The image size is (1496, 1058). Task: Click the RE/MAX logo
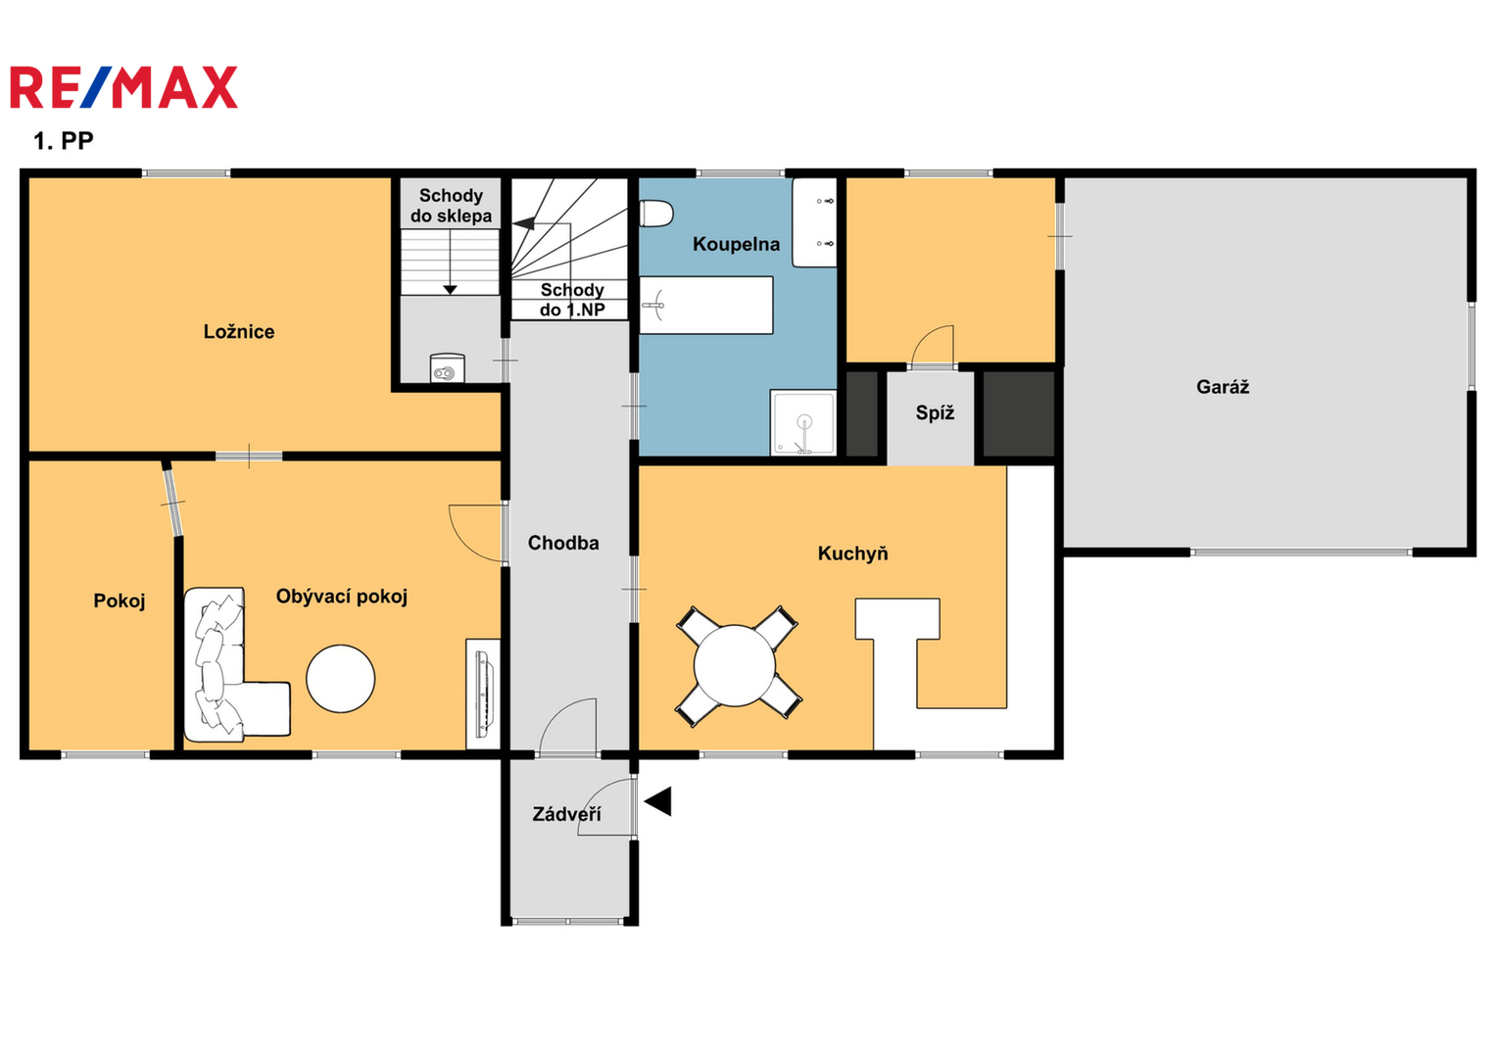click(x=123, y=87)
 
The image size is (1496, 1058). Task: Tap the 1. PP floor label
click(x=64, y=141)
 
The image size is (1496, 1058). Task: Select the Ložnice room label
click(x=239, y=332)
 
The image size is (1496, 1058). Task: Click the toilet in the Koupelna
click(x=655, y=214)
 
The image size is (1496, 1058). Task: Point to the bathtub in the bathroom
click(x=706, y=306)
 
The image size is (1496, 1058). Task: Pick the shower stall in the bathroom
click(x=803, y=423)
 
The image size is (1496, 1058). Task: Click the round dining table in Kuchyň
click(x=735, y=665)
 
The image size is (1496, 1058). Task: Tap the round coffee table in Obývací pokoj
click(x=341, y=679)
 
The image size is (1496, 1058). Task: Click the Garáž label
click(x=1223, y=387)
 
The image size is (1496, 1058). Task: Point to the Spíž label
click(x=935, y=413)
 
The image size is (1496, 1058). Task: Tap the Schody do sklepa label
click(x=451, y=206)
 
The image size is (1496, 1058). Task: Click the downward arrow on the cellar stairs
click(x=450, y=262)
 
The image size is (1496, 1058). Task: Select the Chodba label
click(x=563, y=543)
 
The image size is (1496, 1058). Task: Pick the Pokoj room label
click(x=119, y=601)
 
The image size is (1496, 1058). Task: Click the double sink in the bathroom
click(x=815, y=222)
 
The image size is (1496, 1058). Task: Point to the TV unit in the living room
click(x=483, y=694)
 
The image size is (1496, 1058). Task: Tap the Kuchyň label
click(x=853, y=553)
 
